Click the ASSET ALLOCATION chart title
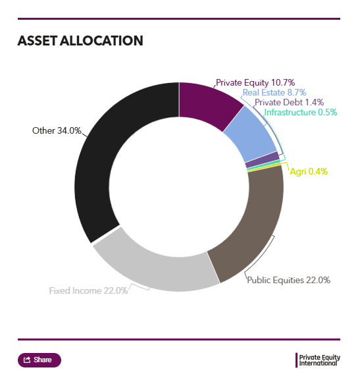tap(80, 41)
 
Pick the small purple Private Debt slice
tap(263, 159)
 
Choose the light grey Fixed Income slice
tap(154, 270)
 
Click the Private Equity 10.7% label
tap(255, 83)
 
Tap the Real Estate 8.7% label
tap(274, 92)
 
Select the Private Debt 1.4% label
tap(289, 102)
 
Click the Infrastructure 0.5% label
tap(301, 112)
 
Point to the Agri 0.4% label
tap(309, 171)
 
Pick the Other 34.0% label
tap(57, 130)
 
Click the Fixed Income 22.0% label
tap(88, 290)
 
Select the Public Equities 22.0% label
tap(289, 280)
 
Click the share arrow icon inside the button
tap(27, 360)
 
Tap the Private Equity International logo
tap(318, 360)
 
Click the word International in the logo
tap(318, 364)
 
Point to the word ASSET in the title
tap(37, 41)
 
